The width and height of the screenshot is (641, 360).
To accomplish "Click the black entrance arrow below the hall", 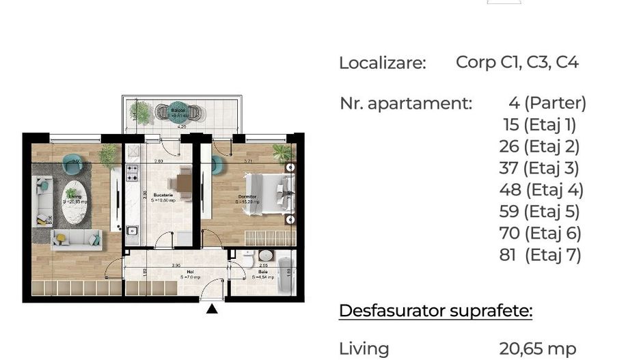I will click(x=212, y=309).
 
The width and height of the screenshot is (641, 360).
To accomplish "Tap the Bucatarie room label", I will click(x=163, y=195).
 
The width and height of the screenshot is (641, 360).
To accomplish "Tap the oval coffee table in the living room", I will click(x=74, y=202).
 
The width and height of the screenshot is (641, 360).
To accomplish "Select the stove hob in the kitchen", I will click(x=133, y=172).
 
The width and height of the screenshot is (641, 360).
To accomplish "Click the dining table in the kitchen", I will click(x=183, y=182).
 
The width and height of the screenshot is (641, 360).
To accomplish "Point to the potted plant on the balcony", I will click(x=141, y=111).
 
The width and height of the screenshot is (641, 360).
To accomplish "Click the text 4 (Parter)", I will click(x=547, y=103).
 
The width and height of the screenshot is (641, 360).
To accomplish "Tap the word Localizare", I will click(x=382, y=64).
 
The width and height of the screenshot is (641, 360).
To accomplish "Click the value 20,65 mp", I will click(x=537, y=348).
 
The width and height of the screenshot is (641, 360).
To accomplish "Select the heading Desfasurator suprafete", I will click(x=435, y=311).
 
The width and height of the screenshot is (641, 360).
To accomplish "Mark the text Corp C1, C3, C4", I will click(x=517, y=63).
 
